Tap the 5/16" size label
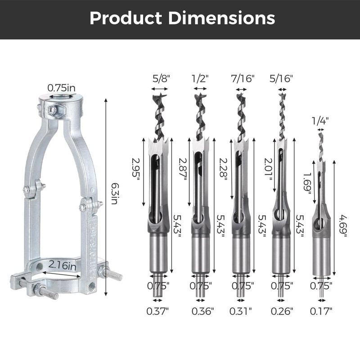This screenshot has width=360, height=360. pos(281,78)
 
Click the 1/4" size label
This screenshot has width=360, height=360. pos(320,121)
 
